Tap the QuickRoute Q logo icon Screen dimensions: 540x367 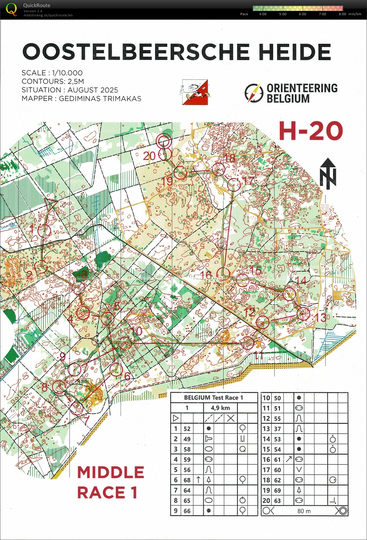tap(11, 9)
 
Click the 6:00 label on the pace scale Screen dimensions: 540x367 tap(302, 14)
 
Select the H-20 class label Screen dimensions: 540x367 tap(311, 131)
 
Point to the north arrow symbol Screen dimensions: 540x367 tap(328, 173)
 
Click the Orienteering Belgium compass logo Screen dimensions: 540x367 tap(254, 93)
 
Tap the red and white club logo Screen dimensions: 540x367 tap(195, 92)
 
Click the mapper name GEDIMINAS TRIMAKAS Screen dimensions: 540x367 tap(100, 99)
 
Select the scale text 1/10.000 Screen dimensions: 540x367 tap(67, 73)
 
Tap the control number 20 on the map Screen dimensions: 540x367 tap(149, 156)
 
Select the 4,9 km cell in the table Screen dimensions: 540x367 tap(220, 408)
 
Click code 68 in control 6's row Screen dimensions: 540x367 tap(187, 480)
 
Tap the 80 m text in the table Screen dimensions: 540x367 tap(304, 511)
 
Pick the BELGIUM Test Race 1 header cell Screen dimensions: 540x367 tap(213, 397)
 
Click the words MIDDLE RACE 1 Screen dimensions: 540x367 tap(110, 482)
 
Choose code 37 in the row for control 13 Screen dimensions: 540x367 tap(277, 429)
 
